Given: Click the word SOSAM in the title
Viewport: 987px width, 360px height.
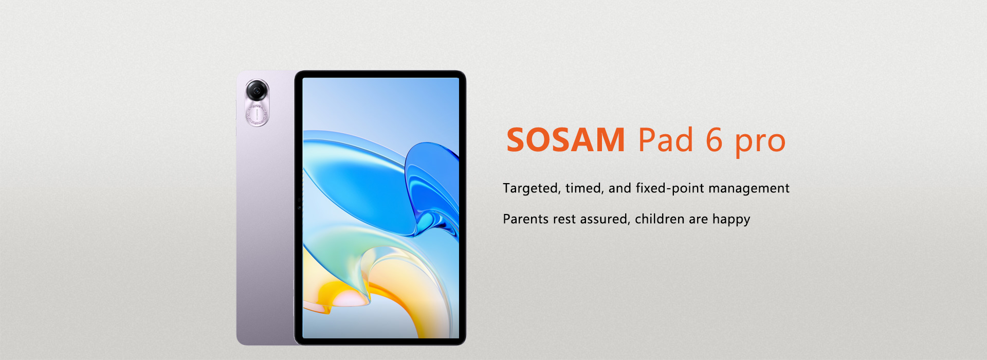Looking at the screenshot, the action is click(x=565, y=140).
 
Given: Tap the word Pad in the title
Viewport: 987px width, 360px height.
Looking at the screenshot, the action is click(x=666, y=139).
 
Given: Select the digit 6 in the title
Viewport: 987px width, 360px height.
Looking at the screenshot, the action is click(x=715, y=139).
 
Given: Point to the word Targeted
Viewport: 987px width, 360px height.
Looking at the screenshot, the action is click(x=532, y=189).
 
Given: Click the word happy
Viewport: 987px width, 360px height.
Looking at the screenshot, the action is click(x=731, y=220).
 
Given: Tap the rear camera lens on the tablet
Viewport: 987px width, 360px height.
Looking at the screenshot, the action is click(x=257, y=91).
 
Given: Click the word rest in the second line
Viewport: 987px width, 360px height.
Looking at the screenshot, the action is click(x=564, y=220).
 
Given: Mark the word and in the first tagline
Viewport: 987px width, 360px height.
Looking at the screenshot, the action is click(x=620, y=188).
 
